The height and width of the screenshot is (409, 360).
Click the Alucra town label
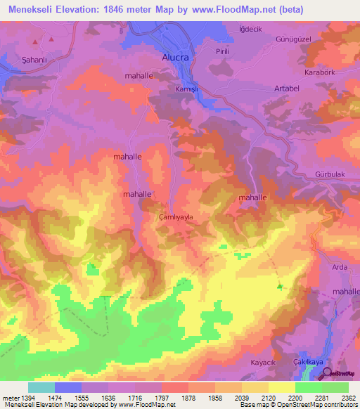[x=176, y=58]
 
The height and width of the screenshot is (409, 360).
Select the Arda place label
[x=340, y=266]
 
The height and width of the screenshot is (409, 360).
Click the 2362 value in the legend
[x=348, y=398]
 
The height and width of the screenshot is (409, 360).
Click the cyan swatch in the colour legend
[x=41, y=387]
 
